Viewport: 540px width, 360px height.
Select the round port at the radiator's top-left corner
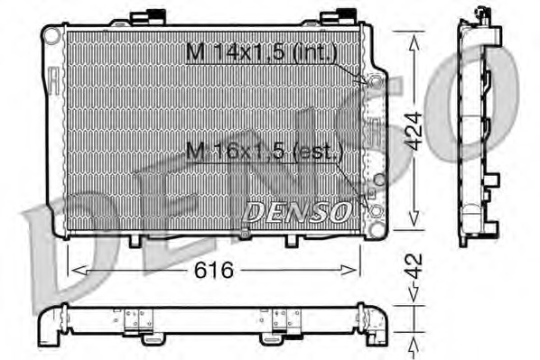[x=53, y=35]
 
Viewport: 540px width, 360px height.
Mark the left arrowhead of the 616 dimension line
[x=75, y=269]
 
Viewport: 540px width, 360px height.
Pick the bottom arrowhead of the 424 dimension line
[x=414, y=230]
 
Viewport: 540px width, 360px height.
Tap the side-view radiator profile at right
[x=476, y=126]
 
